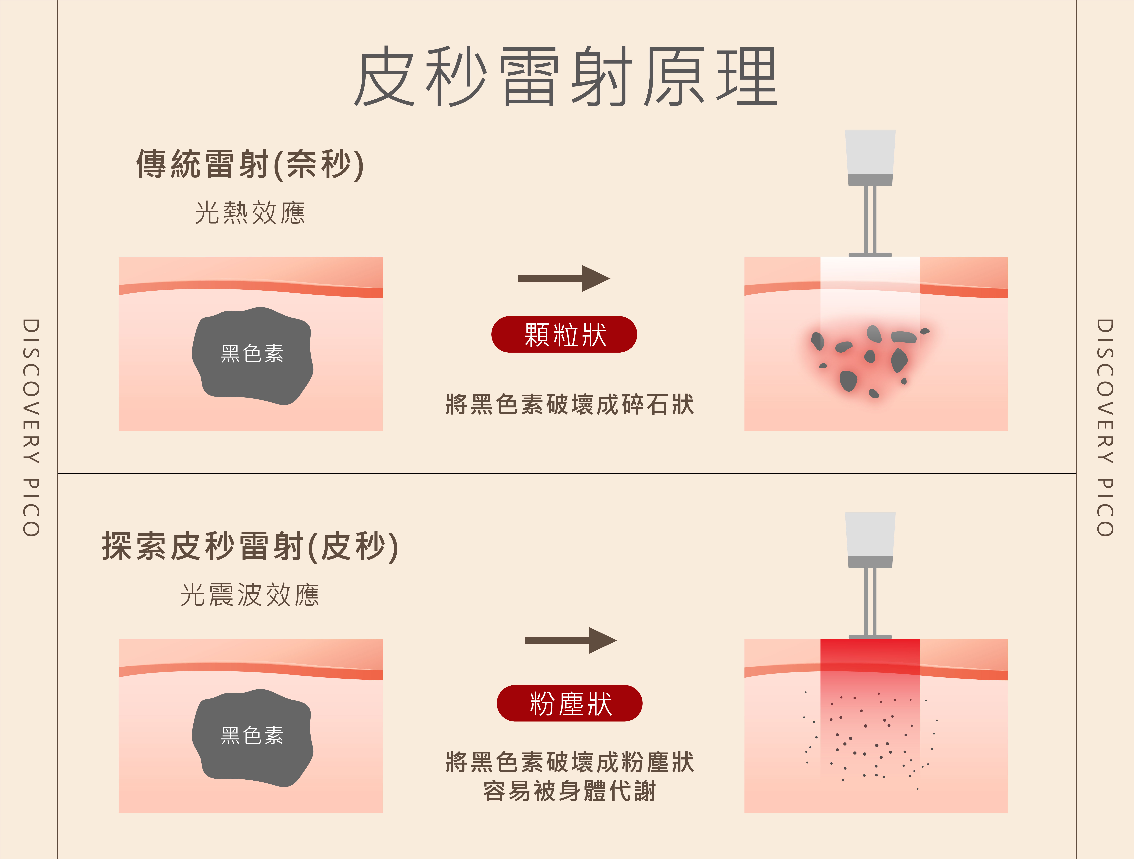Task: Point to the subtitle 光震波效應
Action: (x=250, y=595)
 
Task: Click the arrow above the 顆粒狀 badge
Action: (x=564, y=279)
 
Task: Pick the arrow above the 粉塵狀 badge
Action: (x=570, y=640)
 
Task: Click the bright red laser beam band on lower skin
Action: (x=870, y=662)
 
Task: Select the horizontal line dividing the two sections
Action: (x=567, y=473)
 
